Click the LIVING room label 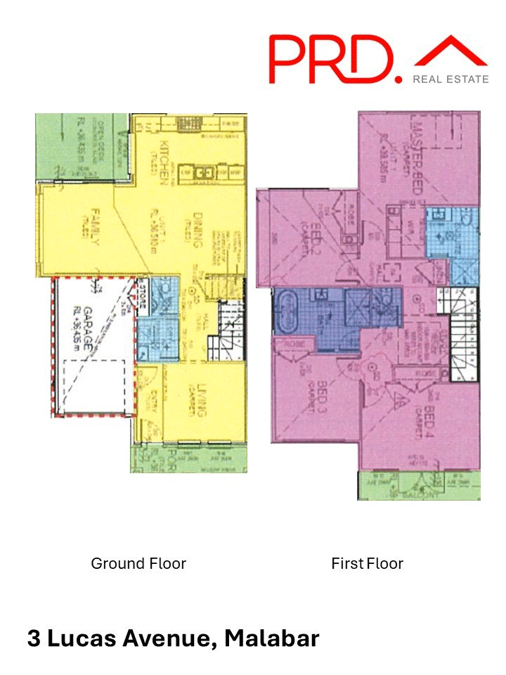point(200,403)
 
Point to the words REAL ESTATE point(450,79)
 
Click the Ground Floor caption point(138,563)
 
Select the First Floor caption point(367,563)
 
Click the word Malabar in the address point(273,638)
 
